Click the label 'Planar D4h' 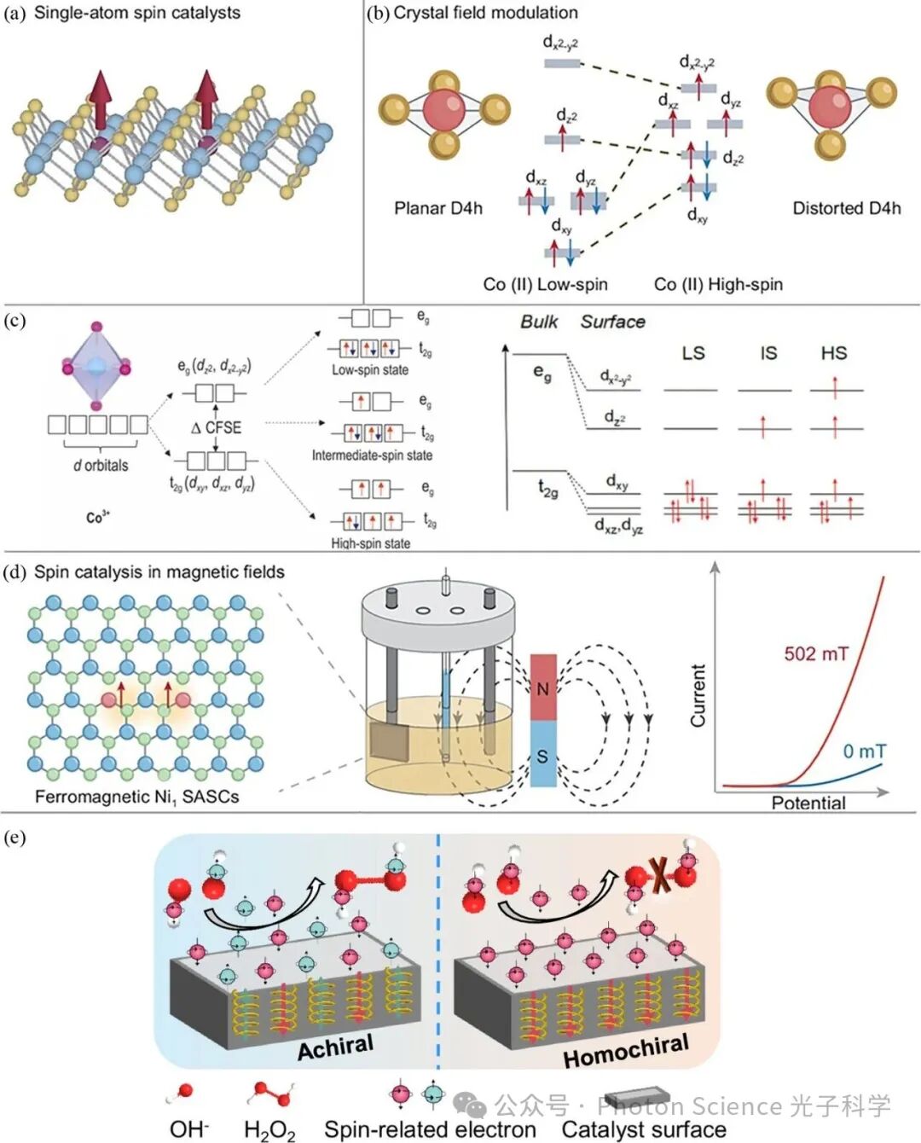[x=437, y=208]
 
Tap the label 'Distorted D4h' [x=846, y=208]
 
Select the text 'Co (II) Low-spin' [x=545, y=284]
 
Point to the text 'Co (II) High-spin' [x=718, y=284]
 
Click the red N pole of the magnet [x=543, y=688]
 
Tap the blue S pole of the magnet [x=543, y=755]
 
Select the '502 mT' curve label [x=816, y=654]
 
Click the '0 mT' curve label [x=864, y=751]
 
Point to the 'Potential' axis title [x=808, y=803]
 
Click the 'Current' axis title [x=698, y=695]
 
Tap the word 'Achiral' [x=335, y=1047]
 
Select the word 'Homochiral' [x=626, y=1052]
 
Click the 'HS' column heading [x=833, y=353]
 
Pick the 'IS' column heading [x=768, y=353]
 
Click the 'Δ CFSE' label [x=217, y=427]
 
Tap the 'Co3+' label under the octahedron [x=98, y=517]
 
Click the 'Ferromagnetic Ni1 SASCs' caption [x=136, y=797]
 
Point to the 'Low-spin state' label [x=370, y=370]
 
